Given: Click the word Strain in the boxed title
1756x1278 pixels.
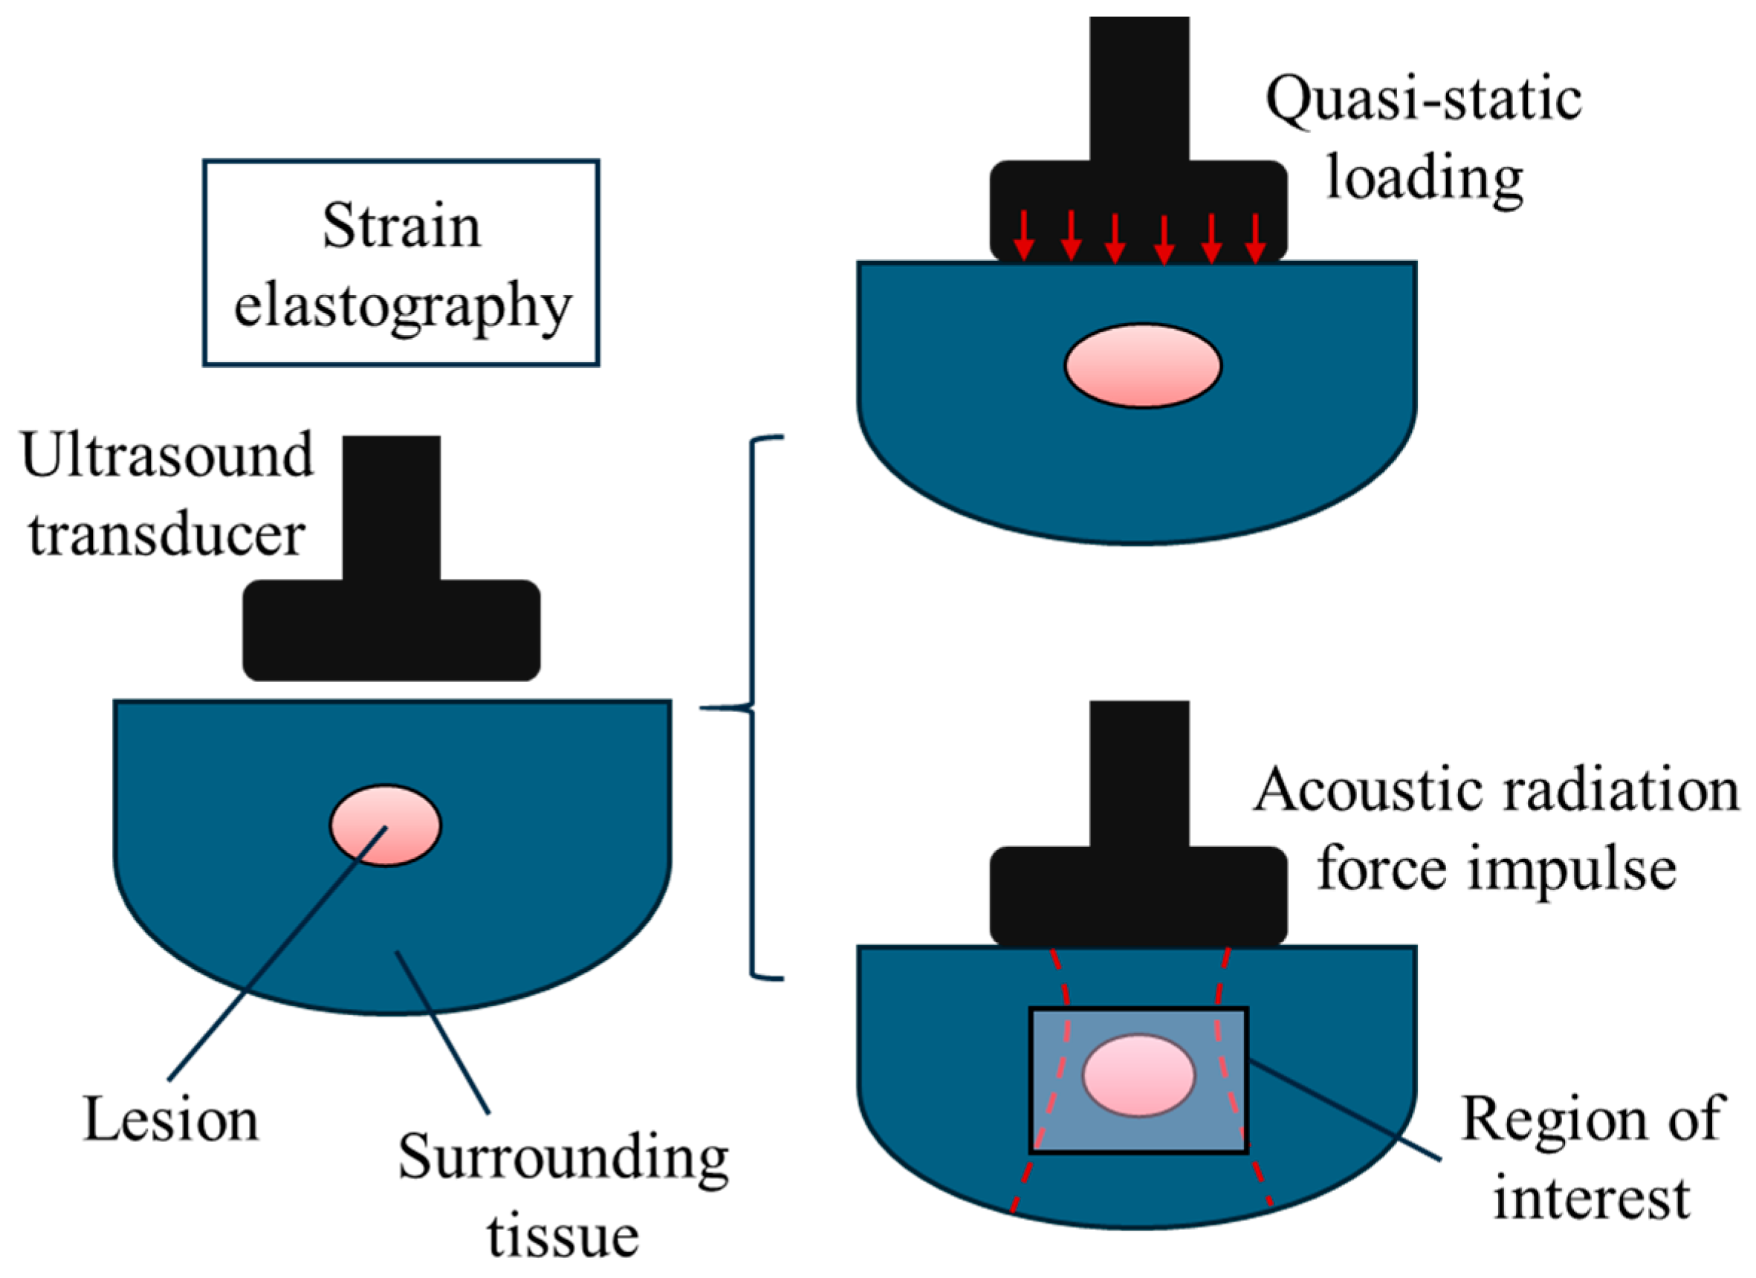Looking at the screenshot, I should (402, 227).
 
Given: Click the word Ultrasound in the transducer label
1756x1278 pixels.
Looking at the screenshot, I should (167, 455).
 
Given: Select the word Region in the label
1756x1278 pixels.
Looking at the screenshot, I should (1535, 1118).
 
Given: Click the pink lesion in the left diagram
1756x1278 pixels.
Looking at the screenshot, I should (386, 826).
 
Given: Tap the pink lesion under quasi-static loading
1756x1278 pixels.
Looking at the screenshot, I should (1143, 366).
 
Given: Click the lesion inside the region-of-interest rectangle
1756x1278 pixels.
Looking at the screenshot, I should (1138, 1076).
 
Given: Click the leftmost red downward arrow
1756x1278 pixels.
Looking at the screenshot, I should (1023, 236).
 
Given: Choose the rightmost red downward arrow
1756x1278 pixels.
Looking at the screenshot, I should (1255, 236).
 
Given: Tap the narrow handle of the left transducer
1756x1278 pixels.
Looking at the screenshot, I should (392, 507).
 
